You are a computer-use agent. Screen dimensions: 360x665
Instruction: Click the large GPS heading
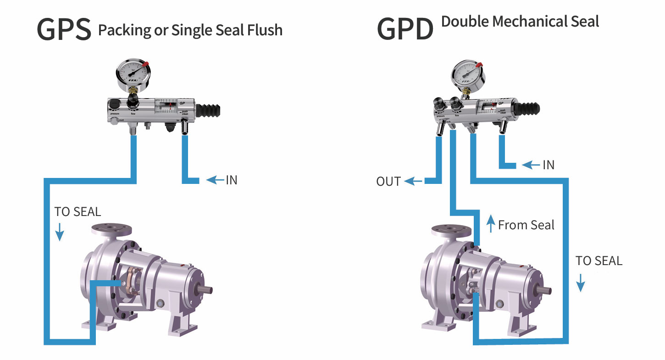tap(64, 29)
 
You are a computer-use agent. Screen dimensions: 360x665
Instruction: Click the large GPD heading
tap(405, 29)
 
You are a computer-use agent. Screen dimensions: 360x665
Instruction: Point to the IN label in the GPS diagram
tap(232, 180)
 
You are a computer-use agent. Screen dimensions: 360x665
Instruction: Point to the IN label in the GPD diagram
tap(549, 165)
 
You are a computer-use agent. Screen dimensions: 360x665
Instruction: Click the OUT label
tap(388, 182)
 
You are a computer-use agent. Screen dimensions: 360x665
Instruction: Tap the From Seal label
tap(526, 225)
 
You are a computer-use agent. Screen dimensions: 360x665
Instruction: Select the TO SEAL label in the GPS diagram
tap(78, 212)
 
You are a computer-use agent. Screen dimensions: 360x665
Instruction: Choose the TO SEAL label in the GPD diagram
tap(599, 261)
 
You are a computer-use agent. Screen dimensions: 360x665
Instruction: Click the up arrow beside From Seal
tap(491, 225)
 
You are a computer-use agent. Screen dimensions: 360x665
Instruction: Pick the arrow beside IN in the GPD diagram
tap(531, 165)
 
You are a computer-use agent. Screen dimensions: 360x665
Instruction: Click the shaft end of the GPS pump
tap(207, 290)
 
